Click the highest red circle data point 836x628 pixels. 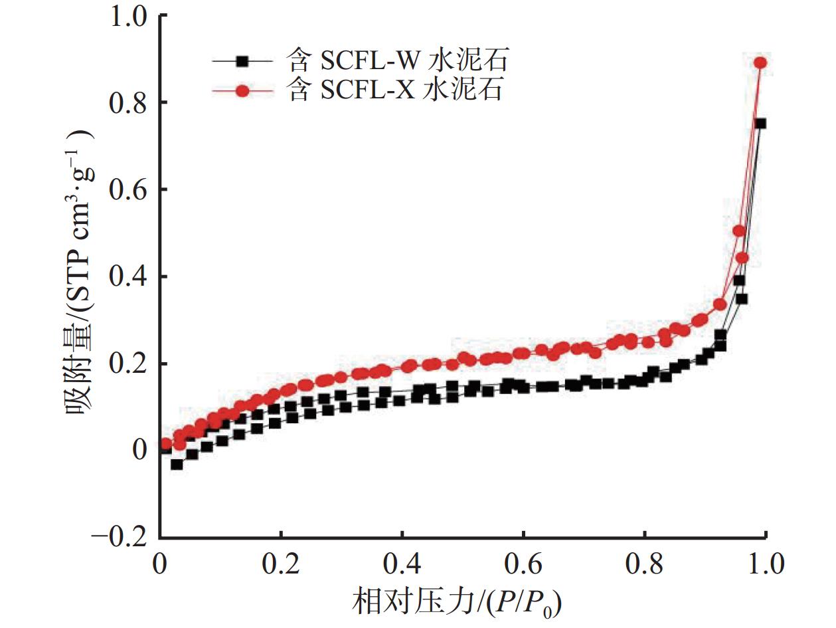(x=760, y=62)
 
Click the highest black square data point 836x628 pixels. (x=760, y=124)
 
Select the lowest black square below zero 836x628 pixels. (x=177, y=464)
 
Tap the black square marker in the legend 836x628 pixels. (x=242, y=61)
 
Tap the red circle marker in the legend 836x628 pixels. (x=242, y=91)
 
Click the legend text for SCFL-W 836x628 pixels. (x=398, y=61)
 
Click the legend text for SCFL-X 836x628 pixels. (x=395, y=91)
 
